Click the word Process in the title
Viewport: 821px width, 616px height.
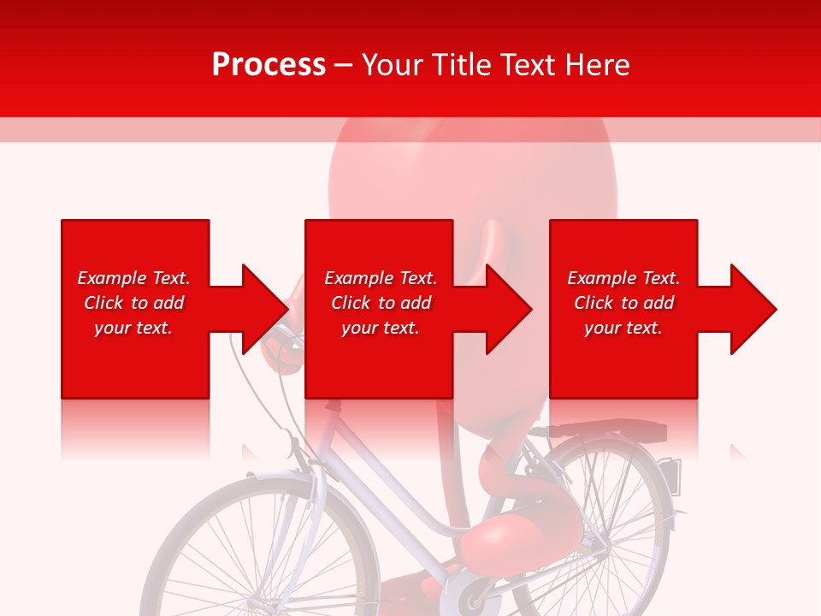269,65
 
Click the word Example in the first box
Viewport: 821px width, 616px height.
112,278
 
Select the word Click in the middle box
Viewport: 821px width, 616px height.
351,303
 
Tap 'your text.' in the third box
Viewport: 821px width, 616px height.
623,328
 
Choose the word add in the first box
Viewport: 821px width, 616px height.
168,303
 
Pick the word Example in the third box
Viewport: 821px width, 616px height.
603,278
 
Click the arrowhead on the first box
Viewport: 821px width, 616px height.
262,309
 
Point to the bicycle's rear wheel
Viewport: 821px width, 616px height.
599,522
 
